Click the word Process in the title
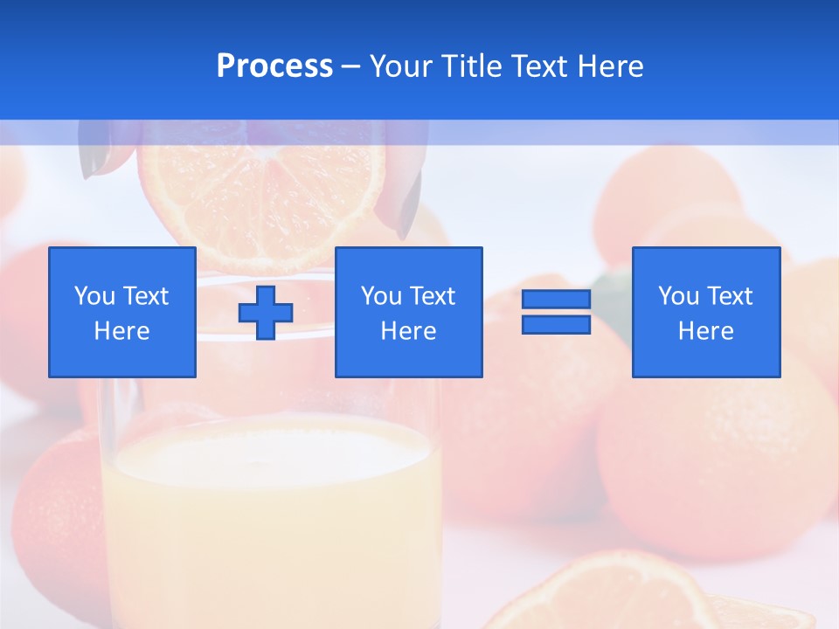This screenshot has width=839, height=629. tap(274, 66)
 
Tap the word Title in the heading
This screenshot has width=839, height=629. tap(473, 66)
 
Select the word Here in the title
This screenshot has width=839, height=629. tap(610, 66)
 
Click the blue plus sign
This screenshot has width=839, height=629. tap(266, 313)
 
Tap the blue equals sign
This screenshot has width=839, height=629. tap(556, 312)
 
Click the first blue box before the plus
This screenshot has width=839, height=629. tap(121, 312)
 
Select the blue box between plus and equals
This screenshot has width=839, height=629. tap(408, 312)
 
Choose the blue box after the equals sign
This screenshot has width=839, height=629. tap(705, 312)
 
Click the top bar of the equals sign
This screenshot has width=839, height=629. tap(556, 300)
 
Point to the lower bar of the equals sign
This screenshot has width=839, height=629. tap(556, 324)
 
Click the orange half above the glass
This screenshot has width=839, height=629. tap(262, 192)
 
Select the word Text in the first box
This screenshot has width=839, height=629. tap(146, 296)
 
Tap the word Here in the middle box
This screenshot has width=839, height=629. tap(408, 331)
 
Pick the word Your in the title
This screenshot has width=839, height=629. tap(400, 66)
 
